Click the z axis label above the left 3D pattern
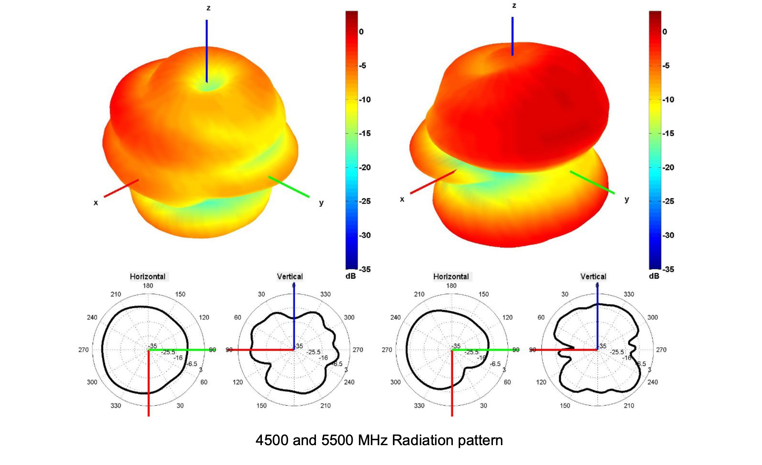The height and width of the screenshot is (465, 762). point(208,8)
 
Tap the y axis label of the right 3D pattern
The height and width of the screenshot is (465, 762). point(627,200)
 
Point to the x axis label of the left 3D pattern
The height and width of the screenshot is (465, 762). point(96,203)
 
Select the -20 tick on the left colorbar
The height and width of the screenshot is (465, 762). point(365,167)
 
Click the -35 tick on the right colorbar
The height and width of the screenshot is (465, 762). point(668,269)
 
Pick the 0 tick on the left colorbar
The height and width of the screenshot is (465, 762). point(361,32)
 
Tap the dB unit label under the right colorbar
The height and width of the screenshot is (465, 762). point(654,276)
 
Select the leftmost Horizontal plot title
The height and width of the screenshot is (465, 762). point(148,277)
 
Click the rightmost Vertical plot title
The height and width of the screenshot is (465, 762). point(593,277)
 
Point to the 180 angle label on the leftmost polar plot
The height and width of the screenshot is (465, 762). point(148,286)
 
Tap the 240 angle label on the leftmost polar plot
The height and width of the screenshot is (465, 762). point(92,317)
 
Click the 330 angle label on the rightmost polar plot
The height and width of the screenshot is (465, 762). point(629,294)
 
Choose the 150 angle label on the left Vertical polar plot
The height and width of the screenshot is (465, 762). point(261,405)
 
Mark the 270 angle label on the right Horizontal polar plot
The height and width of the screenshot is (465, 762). point(387,350)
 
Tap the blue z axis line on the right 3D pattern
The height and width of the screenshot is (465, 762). point(512,36)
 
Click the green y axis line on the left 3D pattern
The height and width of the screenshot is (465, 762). point(289,187)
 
